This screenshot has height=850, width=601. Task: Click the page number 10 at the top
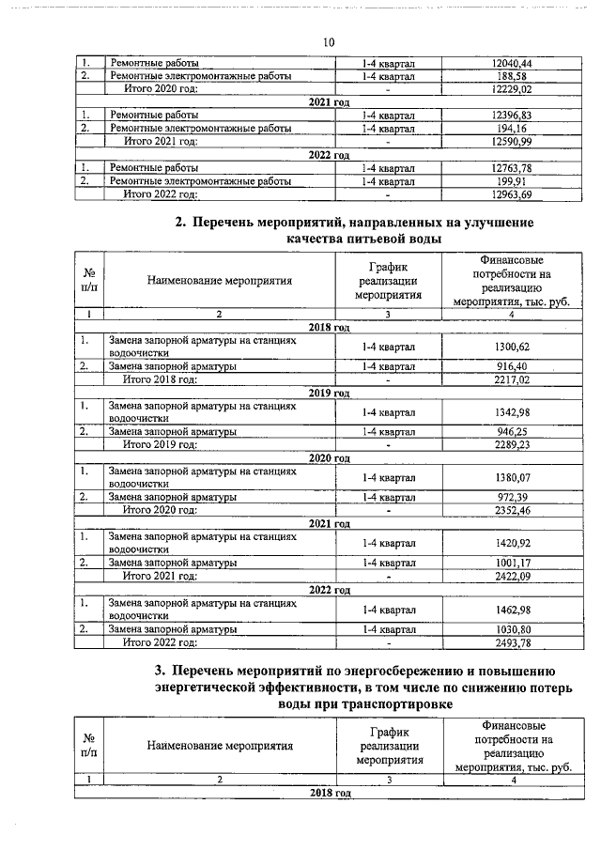click(x=328, y=42)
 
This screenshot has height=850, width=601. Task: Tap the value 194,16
click(x=512, y=128)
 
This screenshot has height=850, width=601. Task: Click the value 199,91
click(x=512, y=181)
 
